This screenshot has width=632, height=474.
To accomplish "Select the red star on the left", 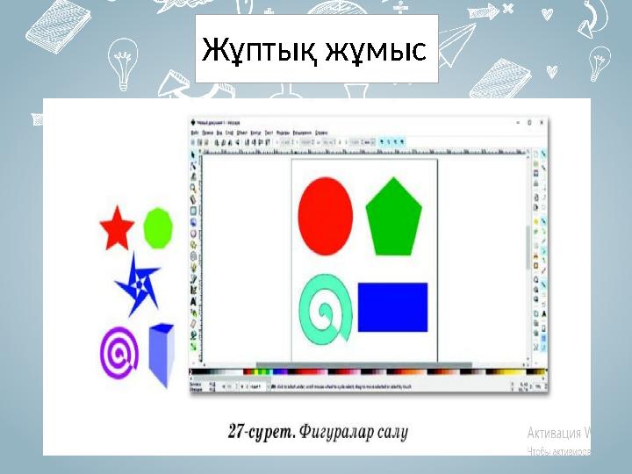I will (x=116, y=229).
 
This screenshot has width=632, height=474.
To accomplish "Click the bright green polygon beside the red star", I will (x=157, y=226).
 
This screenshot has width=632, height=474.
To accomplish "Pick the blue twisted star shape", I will (x=138, y=283).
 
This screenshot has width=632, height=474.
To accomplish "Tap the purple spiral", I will (x=120, y=353).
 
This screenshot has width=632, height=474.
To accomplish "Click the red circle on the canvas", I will (x=326, y=215).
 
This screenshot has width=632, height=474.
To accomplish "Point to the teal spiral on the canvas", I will (x=327, y=308).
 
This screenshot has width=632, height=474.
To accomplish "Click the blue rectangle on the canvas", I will (x=392, y=305).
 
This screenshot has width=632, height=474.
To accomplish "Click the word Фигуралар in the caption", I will (x=336, y=432).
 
